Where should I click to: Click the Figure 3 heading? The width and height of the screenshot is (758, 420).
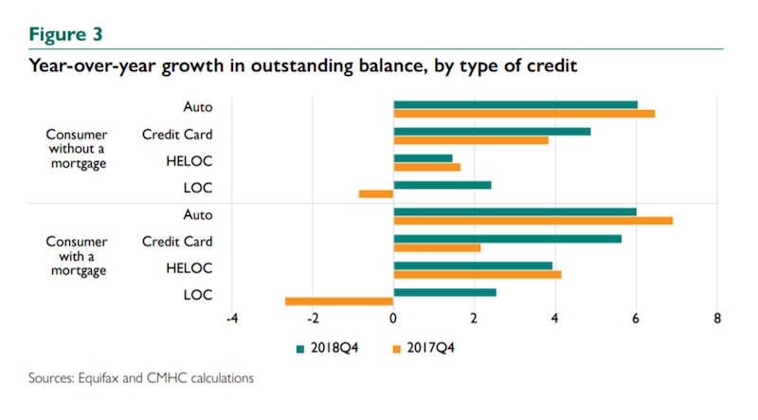click(66, 35)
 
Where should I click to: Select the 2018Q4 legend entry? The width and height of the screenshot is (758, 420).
click(331, 347)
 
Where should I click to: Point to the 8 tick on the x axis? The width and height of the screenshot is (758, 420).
click(717, 319)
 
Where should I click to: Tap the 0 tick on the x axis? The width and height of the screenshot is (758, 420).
click(393, 319)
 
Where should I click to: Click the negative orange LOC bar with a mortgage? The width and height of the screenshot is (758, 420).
click(339, 301)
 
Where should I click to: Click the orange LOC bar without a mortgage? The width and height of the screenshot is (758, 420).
click(376, 193)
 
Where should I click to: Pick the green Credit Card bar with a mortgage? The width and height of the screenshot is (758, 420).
click(507, 238)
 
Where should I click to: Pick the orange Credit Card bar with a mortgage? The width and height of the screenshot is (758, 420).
click(437, 247)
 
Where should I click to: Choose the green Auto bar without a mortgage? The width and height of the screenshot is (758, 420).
click(515, 104)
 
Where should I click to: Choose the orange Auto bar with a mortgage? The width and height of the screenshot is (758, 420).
click(532, 220)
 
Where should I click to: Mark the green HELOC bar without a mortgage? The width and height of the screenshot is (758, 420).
click(423, 158)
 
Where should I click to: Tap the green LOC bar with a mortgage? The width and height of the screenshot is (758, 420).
click(444, 292)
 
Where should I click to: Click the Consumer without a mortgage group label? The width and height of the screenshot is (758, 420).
click(78, 149)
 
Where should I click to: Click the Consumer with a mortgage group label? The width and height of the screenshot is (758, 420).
click(78, 256)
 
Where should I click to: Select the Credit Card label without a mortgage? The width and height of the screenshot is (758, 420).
click(177, 135)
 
